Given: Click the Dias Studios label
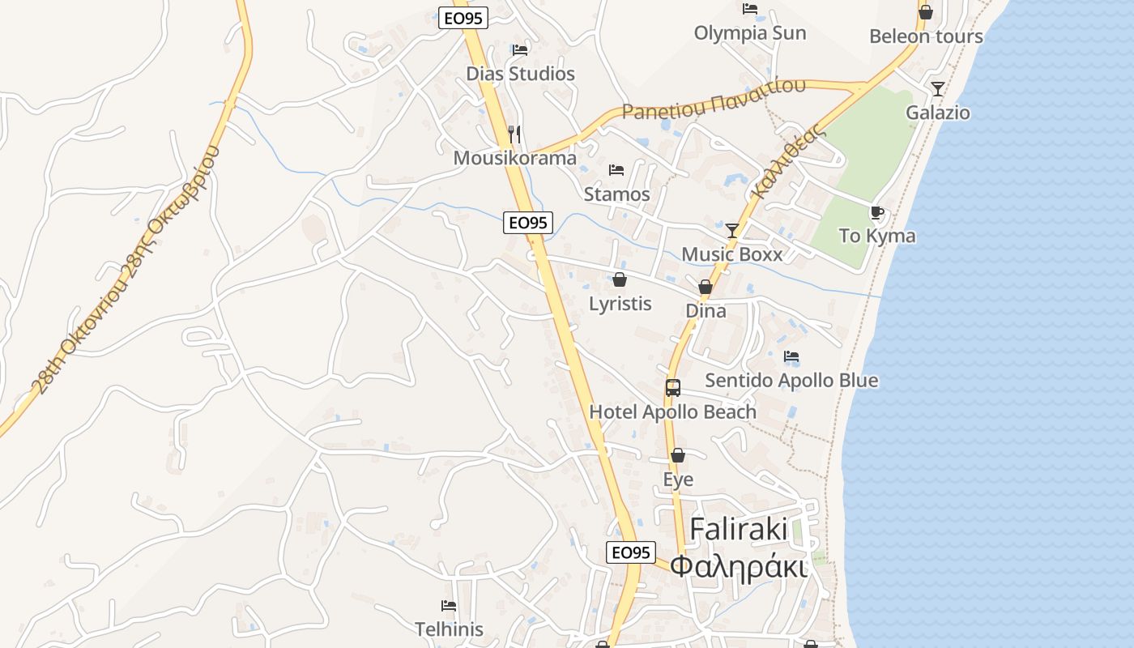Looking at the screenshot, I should pos(520,74).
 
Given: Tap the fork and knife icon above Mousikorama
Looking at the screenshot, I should pos(514,134).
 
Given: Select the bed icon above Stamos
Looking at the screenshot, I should pos(616,170).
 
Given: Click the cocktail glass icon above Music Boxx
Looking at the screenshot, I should pos(732,231).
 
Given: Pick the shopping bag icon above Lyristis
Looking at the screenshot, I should pos(620,280).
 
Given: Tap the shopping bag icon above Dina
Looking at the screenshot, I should pos(706,288).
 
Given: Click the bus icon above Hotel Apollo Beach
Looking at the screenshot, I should pos(673,388).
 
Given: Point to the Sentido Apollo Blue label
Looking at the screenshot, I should pos(791,380).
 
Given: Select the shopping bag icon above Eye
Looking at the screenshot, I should pos(678,456).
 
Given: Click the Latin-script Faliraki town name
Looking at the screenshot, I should pos(739,530).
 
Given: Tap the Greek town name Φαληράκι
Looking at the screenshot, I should pos(739,566).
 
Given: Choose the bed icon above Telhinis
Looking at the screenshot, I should pos(449,606).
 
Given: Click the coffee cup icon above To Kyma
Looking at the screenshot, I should pos(876,213).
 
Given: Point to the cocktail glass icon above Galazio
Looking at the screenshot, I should pos(937,89).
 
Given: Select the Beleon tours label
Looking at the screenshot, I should pos(926,36).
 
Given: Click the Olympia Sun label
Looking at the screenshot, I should pos(750,33).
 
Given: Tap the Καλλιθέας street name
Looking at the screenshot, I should pos(783,162).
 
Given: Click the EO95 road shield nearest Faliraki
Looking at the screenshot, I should pos(630,552).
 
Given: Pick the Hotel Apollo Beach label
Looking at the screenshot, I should pos(672,411).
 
